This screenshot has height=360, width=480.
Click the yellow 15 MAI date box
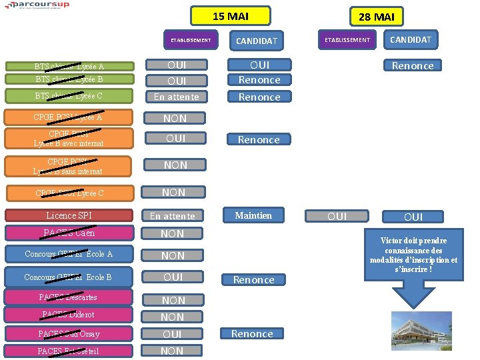(231, 16)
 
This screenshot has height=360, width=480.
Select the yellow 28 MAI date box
(376, 17)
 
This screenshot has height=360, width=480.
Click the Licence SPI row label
(69, 215)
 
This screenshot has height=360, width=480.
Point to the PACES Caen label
(69, 233)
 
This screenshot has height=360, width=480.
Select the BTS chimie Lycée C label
(69, 96)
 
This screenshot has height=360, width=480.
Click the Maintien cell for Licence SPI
(253, 215)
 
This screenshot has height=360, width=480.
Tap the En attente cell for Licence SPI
(173, 215)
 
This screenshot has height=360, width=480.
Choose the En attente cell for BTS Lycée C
(176, 97)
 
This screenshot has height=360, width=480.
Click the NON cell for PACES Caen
(172, 233)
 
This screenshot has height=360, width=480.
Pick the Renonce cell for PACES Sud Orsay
(252, 333)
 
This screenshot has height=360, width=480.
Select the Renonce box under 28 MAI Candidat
(413, 65)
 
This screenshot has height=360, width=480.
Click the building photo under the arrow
(421, 331)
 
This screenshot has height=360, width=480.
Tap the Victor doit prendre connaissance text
(413, 254)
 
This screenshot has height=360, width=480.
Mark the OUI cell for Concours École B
(173, 277)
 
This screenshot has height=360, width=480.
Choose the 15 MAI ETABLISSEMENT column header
(191, 40)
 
